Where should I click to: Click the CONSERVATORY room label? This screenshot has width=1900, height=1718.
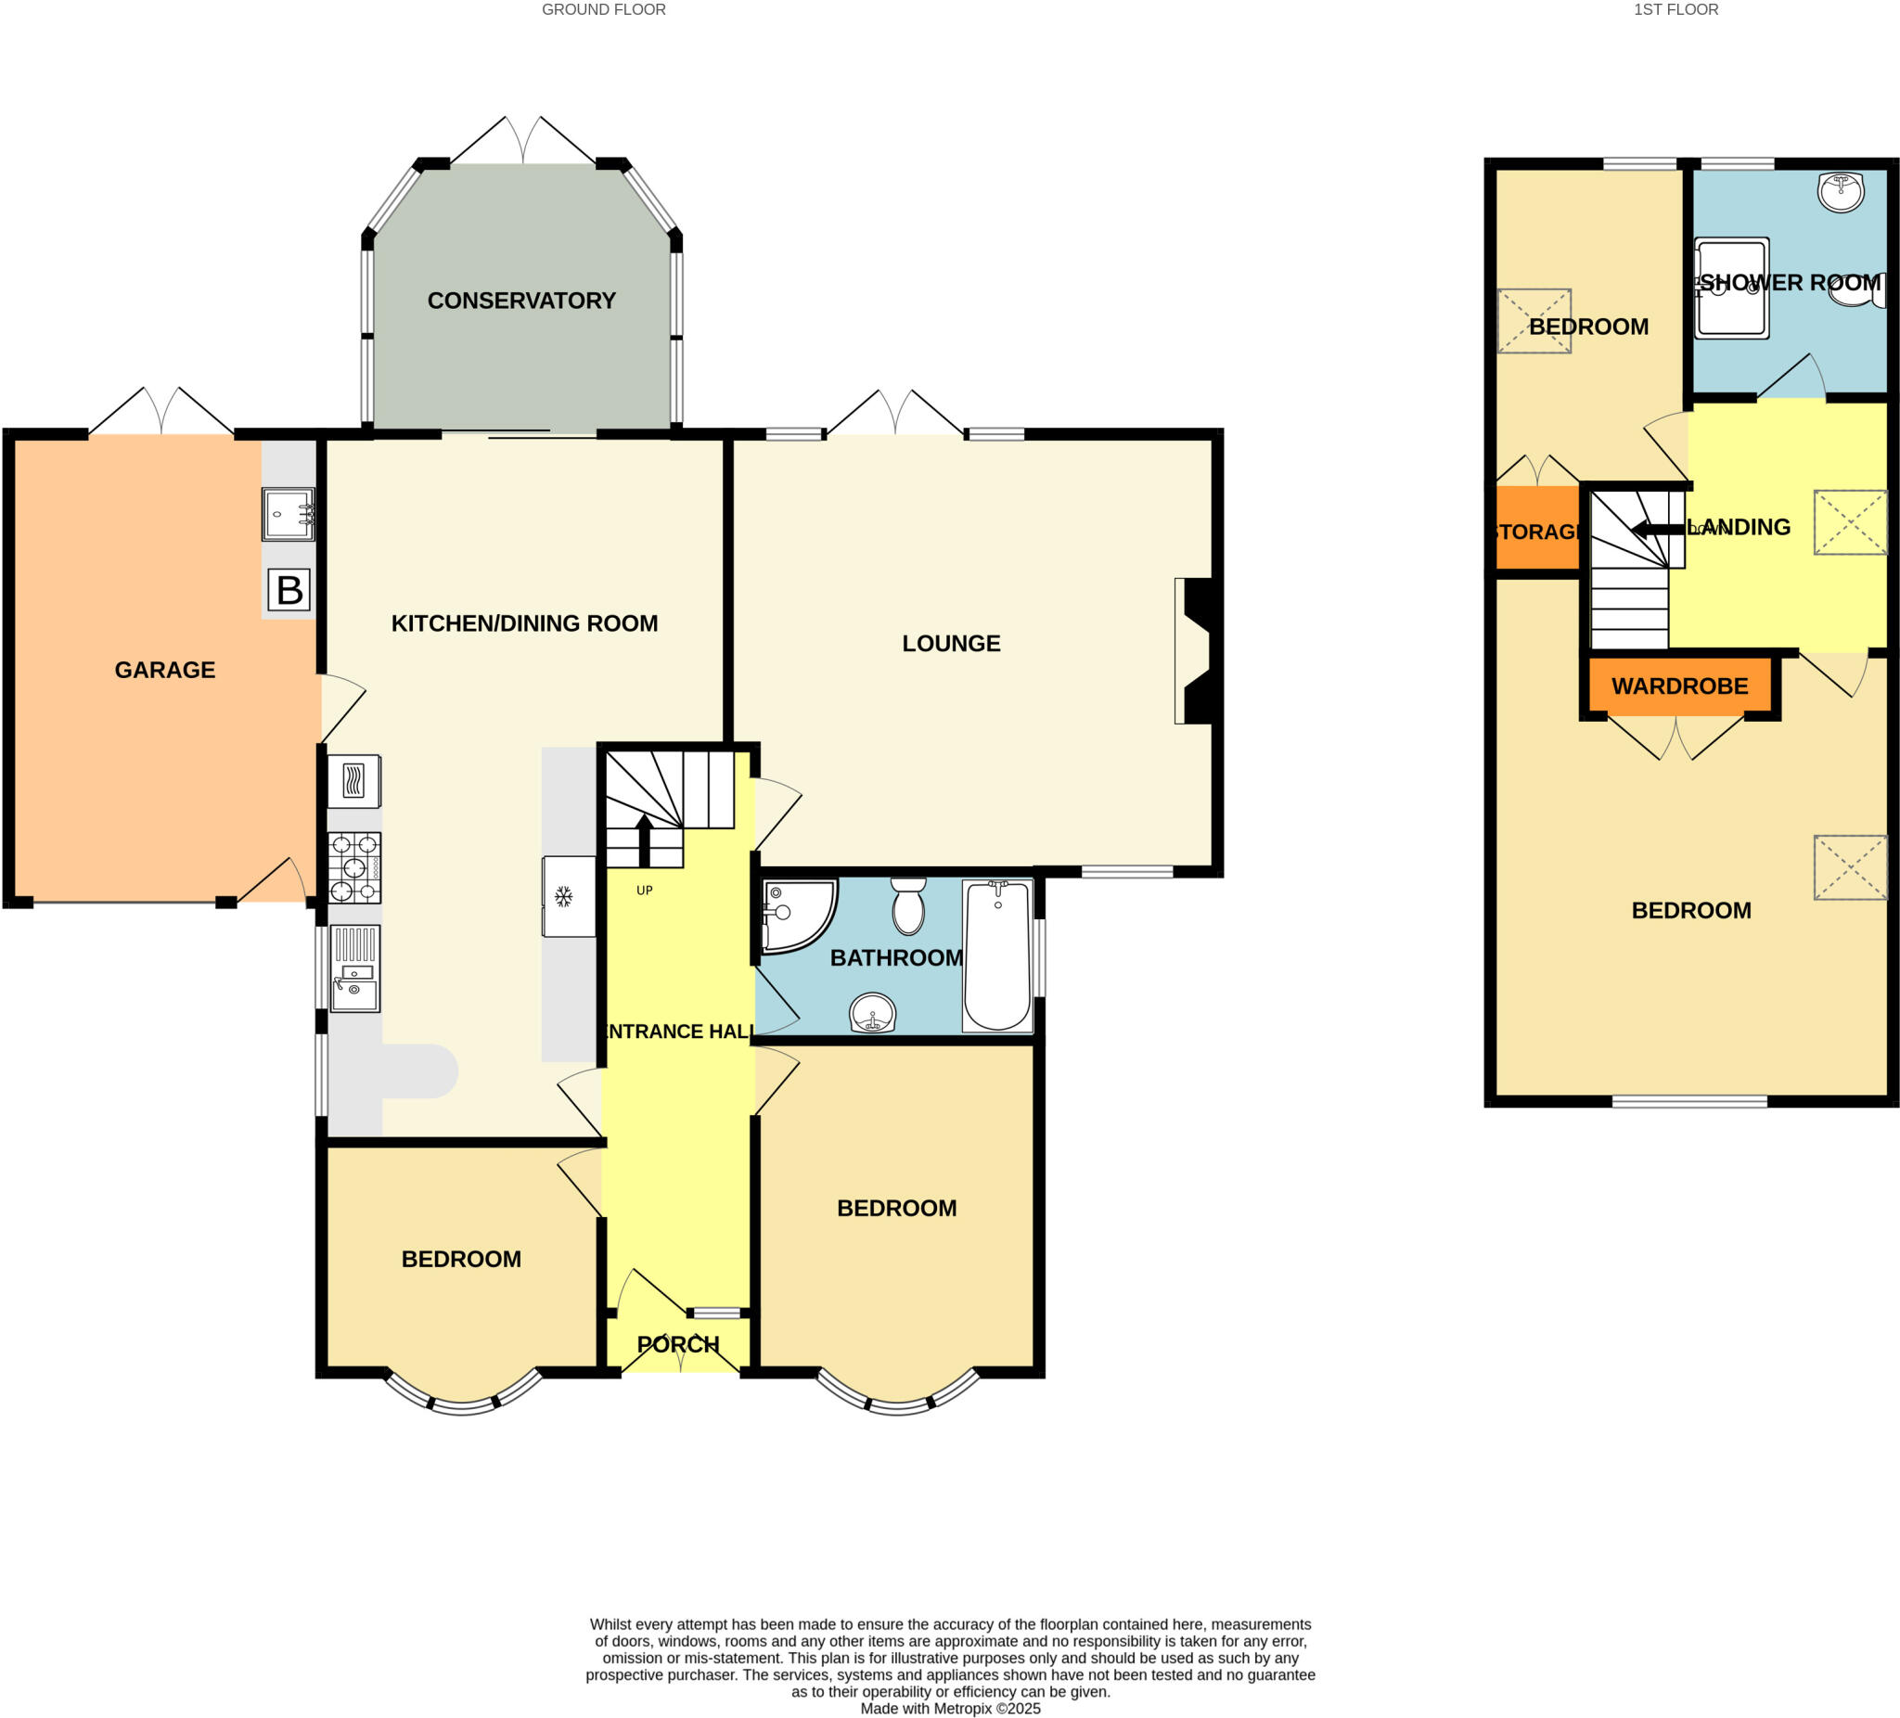(521, 301)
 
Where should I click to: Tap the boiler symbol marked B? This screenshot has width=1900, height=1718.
(289, 591)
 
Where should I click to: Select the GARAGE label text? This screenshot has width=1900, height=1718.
(165, 670)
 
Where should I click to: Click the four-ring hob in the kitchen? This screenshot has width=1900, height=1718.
(354, 868)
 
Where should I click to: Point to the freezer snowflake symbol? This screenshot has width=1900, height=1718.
(563, 896)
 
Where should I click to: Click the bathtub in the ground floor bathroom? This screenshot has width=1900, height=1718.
(997, 955)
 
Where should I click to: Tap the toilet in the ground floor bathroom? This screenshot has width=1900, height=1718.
(908, 905)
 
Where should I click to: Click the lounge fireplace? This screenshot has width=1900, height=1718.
(1195, 650)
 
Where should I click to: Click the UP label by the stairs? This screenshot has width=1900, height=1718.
(645, 891)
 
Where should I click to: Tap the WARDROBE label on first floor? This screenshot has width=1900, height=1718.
(1679, 686)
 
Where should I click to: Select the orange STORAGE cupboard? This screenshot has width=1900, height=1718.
(1537, 530)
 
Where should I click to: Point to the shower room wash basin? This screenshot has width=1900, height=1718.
(1840, 191)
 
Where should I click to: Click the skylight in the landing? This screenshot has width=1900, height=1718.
(1850, 522)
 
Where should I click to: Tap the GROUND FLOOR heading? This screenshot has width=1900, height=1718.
(603, 9)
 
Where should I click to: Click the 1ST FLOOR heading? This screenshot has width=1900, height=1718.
(1675, 9)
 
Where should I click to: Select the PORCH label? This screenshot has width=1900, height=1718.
(677, 1345)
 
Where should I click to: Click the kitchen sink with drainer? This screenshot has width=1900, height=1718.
(354, 968)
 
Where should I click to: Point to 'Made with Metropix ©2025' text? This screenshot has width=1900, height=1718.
(950, 1709)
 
